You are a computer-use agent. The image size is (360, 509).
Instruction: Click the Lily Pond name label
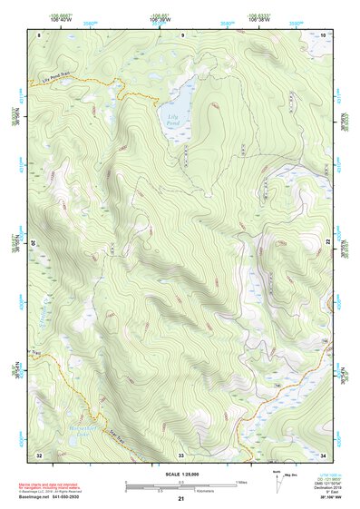172,118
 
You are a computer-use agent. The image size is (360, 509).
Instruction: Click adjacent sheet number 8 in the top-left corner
39,34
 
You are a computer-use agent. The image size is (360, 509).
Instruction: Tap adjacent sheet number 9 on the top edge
181,34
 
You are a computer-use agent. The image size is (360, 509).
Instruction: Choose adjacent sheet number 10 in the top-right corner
324,34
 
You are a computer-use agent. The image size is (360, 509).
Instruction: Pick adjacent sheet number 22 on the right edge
327,242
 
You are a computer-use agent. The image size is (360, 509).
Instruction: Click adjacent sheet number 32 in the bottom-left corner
39,454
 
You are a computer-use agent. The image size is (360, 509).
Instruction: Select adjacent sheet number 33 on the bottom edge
181,454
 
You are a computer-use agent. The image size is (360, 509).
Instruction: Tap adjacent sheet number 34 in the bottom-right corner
324,454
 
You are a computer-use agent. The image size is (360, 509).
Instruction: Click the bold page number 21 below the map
181,499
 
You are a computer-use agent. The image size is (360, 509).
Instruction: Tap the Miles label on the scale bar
241,481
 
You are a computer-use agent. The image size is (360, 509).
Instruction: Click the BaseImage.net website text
34,499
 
